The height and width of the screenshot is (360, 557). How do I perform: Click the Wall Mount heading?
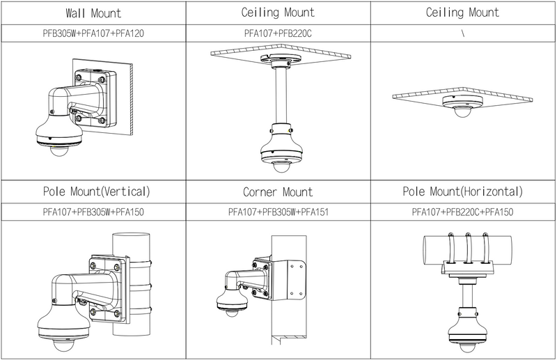tap(93, 13)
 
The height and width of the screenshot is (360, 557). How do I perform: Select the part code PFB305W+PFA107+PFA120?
tap(93, 33)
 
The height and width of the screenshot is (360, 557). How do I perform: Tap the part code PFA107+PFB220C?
tap(278, 33)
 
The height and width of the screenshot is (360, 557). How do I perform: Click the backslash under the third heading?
tap(463, 33)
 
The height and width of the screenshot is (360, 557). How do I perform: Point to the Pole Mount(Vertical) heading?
tap(93, 191)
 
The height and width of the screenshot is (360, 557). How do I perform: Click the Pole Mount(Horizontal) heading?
tap(463, 191)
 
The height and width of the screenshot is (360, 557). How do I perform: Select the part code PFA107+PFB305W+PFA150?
tap(93, 211)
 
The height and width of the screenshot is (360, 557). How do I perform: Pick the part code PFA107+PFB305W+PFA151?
tap(278, 211)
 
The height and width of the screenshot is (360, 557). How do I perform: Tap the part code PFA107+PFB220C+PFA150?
tap(463, 211)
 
